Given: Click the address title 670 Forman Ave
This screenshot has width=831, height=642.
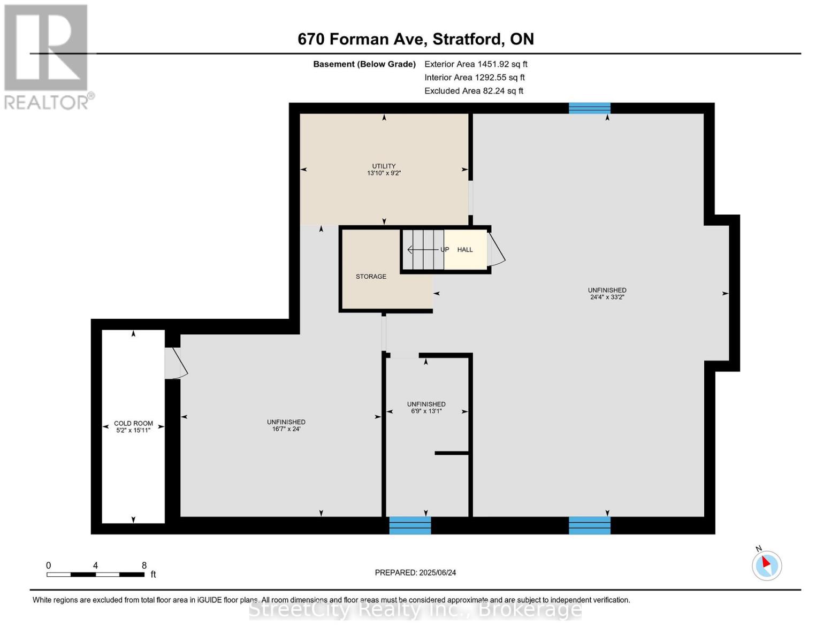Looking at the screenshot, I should tap(415, 39).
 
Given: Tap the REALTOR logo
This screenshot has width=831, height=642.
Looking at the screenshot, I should tap(47, 57).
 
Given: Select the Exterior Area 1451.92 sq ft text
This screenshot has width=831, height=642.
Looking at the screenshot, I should tap(475, 64).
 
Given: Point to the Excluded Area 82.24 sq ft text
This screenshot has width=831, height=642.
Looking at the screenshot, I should tap(474, 91).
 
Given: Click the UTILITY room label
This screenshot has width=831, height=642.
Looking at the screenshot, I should tap(384, 166).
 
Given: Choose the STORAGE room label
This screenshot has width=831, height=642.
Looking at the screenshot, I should tap(371, 277).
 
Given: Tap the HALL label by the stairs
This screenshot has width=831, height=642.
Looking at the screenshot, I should tap(465, 250).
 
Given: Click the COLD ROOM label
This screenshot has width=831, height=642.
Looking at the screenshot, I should tap(133, 423).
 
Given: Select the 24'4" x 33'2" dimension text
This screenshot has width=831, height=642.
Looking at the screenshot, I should tap(607, 297).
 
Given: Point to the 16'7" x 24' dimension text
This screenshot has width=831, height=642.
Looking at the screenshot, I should tap(286, 429).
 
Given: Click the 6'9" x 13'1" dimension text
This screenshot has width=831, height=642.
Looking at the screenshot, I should tap(426, 411).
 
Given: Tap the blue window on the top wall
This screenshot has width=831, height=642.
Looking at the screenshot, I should tap(589, 108).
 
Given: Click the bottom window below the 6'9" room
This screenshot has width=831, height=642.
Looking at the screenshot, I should tap(410, 525).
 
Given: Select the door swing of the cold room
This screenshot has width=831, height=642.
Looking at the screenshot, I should tap(176, 364).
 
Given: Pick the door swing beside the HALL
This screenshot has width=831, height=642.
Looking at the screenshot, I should tap(497, 250).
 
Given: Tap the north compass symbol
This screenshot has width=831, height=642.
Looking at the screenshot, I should tap(766, 565).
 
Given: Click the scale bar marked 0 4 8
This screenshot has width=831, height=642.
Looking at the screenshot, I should tap(95, 575).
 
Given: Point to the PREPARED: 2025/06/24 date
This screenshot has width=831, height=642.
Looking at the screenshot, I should tap(415, 572).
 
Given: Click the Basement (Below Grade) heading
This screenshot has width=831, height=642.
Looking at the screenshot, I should tap(364, 64).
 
